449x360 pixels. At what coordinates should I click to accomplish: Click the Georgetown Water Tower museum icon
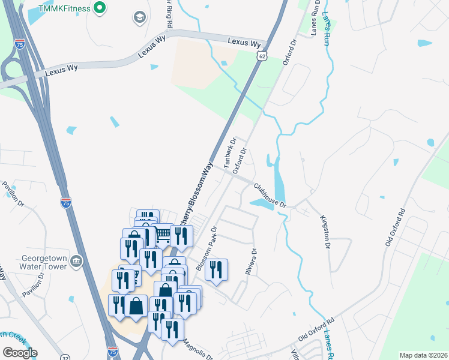76,261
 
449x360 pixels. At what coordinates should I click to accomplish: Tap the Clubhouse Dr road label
270,196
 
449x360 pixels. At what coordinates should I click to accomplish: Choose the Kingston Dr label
327,232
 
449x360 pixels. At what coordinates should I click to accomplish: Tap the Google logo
19,353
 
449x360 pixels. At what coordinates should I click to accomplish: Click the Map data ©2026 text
423,355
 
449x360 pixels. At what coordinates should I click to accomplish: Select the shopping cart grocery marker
163,233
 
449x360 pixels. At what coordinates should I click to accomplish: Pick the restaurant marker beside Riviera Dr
216,270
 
